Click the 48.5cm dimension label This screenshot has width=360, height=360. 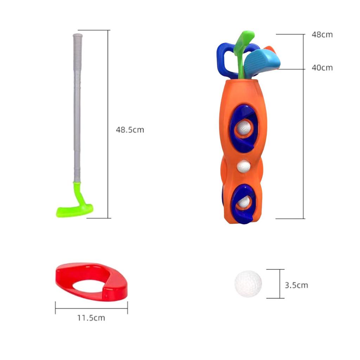click(x=130, y=130)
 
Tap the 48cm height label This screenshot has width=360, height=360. click(x=322, y=34)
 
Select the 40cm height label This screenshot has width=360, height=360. click(x=322, y=68)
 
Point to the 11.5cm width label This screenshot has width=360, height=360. click(x=91, y=318)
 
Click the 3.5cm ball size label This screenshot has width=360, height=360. click(x=296, y=285)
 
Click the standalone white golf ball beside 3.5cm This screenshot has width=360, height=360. click(x=248, y=284)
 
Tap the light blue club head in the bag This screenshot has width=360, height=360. click(x=262, y=62)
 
